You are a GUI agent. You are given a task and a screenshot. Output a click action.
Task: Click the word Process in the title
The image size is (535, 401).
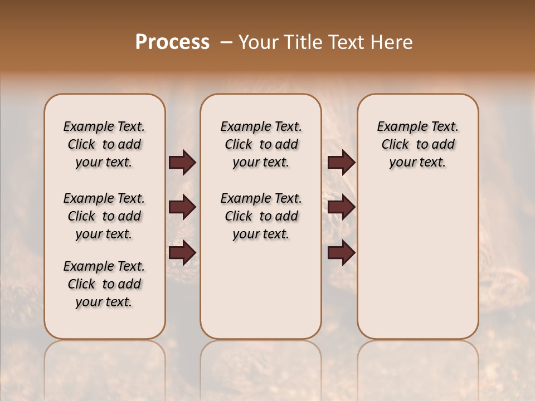(172, 42)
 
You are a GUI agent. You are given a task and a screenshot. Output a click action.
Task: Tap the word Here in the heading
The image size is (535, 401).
(392, 42)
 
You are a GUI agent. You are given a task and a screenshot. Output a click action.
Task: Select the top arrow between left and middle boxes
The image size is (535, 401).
(182, 163)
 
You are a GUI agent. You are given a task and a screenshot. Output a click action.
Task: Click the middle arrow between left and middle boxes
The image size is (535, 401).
(182, 208)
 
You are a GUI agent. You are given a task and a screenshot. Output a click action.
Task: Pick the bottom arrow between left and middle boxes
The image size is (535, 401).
(182, 252)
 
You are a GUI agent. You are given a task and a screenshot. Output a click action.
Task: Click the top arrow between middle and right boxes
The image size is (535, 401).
(341, 163)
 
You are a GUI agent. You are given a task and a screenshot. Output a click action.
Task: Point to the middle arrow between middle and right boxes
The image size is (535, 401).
(341, 208)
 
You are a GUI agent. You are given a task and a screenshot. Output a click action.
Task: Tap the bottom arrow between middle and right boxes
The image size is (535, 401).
(341, 252)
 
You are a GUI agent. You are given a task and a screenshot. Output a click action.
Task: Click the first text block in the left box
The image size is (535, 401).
(104, 144)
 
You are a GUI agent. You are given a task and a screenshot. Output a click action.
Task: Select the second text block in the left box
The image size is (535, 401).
(104, 216)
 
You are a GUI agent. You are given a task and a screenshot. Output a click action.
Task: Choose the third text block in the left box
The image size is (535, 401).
(104, 284)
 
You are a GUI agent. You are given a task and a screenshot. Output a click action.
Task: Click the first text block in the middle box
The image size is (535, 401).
(261, 144)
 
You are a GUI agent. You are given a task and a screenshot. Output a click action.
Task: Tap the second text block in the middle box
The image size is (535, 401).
(261, 216)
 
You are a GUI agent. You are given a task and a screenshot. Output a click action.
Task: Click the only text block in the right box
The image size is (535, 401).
(418, 144)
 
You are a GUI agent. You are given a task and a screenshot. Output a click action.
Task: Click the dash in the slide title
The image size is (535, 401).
(226, 42)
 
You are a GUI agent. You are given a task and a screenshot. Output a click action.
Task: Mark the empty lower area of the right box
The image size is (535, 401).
(418, 267)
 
